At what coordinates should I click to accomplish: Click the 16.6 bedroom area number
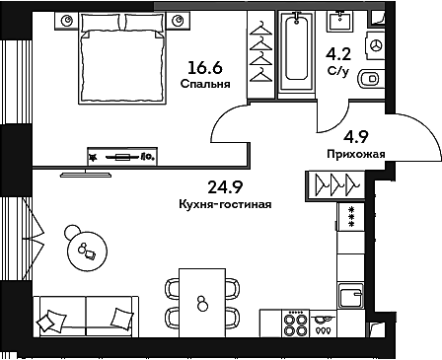point(204,67)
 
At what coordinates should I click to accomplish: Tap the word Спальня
point(205,84)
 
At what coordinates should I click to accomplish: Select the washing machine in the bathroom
point(374,45)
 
